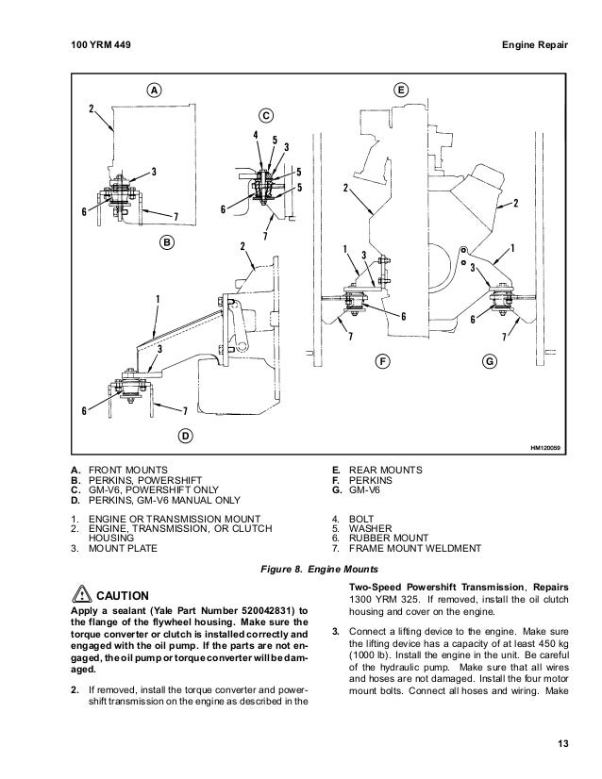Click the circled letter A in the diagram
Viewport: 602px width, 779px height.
[152, 91]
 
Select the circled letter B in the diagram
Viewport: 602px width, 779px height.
[166, 242]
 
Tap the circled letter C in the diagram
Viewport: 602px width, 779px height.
[265, 115]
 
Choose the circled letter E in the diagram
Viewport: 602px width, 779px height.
[401, 91]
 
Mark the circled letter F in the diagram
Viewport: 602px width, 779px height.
[382, 360]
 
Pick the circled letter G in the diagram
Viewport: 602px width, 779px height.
[490, 360]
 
